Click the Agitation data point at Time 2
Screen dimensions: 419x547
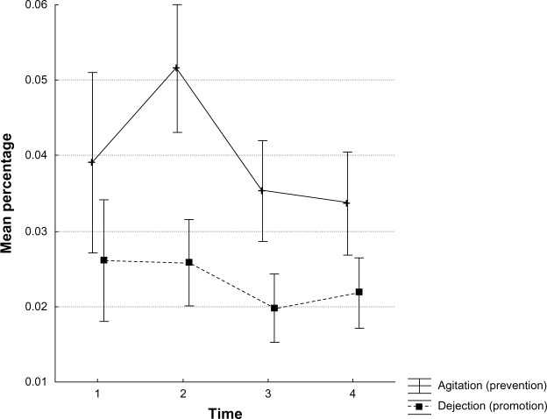tap(177, 67)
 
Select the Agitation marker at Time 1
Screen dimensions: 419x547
tap(92, 162)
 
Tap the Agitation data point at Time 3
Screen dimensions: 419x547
tap(262, 190)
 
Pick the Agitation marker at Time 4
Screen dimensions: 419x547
tap(347, 202)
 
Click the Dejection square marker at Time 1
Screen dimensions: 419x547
tap(103, 260)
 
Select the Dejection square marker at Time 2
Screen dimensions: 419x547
tap(188, 262)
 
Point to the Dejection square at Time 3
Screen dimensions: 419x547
tap(274, 308)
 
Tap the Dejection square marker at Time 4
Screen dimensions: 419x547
tap(359, 292)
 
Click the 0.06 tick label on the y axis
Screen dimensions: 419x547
tap(34, 4)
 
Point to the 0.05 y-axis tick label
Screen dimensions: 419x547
tap(34, 80)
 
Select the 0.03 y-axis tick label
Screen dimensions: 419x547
tap(34, 231)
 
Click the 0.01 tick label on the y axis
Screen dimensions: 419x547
tap(34, 382)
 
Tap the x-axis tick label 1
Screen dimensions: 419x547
tap(97, 395)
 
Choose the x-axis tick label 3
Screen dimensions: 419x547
tap(268, 395)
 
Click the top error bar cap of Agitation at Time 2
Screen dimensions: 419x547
tap(177, 4)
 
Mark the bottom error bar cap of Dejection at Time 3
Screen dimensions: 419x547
tap(274, 342)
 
